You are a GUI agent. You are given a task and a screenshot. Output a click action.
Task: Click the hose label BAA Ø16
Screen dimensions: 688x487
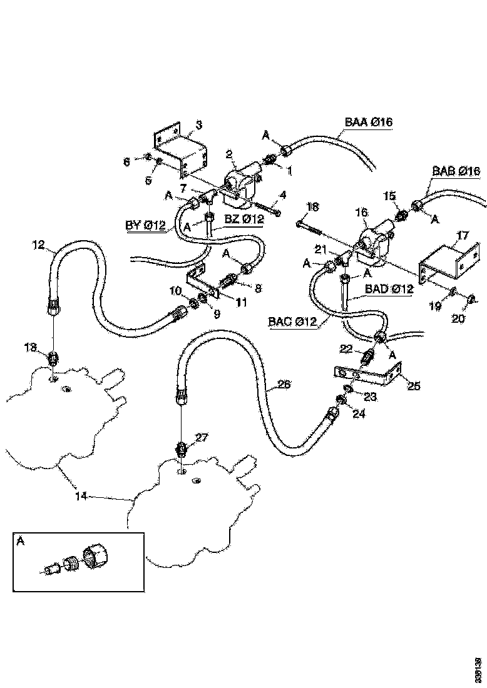click(368, 122)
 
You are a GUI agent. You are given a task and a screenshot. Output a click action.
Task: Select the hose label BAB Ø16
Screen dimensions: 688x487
click(455, 171)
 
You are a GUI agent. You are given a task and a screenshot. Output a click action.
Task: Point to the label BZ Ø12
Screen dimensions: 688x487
click(244, 219)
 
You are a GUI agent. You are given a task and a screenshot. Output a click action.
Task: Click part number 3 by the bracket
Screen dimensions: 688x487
click(198, 125)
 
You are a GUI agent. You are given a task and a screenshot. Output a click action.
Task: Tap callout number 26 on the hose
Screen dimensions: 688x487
click(284, 384)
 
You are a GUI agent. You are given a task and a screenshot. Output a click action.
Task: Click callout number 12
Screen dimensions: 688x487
click(39, 244)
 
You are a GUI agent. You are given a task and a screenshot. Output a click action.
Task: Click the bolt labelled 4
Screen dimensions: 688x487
click(266, 205)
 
